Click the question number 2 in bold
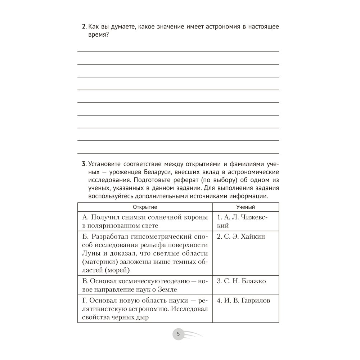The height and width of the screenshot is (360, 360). coord(84,27)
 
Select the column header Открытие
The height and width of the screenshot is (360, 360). coord(145,207)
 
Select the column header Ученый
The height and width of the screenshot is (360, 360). coord(246,207)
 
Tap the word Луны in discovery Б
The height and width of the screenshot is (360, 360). coord(90,253)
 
